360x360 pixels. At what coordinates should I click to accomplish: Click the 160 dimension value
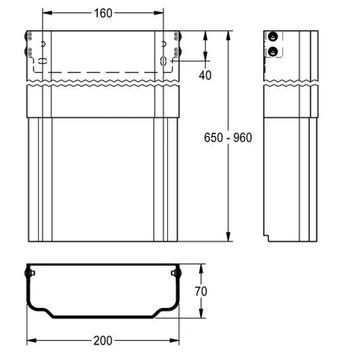coord(103,13)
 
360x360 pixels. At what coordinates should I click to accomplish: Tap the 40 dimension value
coord(205,75)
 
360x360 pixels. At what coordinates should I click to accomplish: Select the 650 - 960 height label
coord(228,138)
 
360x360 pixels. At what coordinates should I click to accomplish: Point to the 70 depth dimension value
coord(201,292)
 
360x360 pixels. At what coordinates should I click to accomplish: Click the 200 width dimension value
coord(103,341)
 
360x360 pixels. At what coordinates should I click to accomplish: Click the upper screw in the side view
coord(273,36)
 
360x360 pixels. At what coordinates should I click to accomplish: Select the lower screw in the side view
coord(273,52)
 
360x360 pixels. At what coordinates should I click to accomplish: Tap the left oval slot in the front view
coord(42,61)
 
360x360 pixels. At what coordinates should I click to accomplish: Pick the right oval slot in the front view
coord(164,61)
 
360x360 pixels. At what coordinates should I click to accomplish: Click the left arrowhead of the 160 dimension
coord(47,13)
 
